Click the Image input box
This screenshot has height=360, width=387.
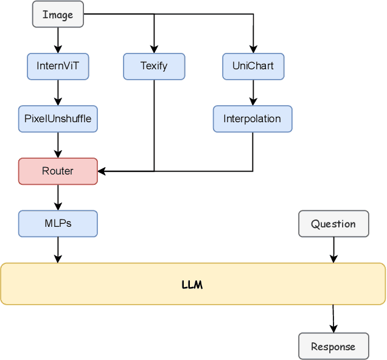click(x=58, y=14)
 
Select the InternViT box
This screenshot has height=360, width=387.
click(x=58, y=66)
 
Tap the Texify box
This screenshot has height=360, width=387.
click(x=154, y=66)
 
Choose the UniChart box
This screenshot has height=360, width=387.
click(x=253, y=66)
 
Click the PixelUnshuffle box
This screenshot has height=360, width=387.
click(x=58, y=119)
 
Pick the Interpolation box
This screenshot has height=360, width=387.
click(x=253, y=119)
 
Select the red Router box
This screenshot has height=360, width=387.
click(x=58, y=171)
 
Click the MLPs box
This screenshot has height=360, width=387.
click(x=58, y=223)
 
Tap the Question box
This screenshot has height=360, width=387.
click(x=333, y=224)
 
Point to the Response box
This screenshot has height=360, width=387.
click(x=333, y=346)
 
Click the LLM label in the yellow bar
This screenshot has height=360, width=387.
click(x=192, y=284)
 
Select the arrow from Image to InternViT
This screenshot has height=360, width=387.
click(x=58, y=40)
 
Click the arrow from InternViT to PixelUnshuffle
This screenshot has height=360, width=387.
click(x=58, y=92)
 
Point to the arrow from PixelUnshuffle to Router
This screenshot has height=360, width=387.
click(x=58, y=145)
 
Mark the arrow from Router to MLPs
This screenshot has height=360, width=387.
click(x=58, y=197)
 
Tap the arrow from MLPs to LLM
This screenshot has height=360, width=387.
click(x=58, y=249)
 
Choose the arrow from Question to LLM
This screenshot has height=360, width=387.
click(x=333, y=249)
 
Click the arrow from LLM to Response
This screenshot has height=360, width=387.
click(x=333, y=318)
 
